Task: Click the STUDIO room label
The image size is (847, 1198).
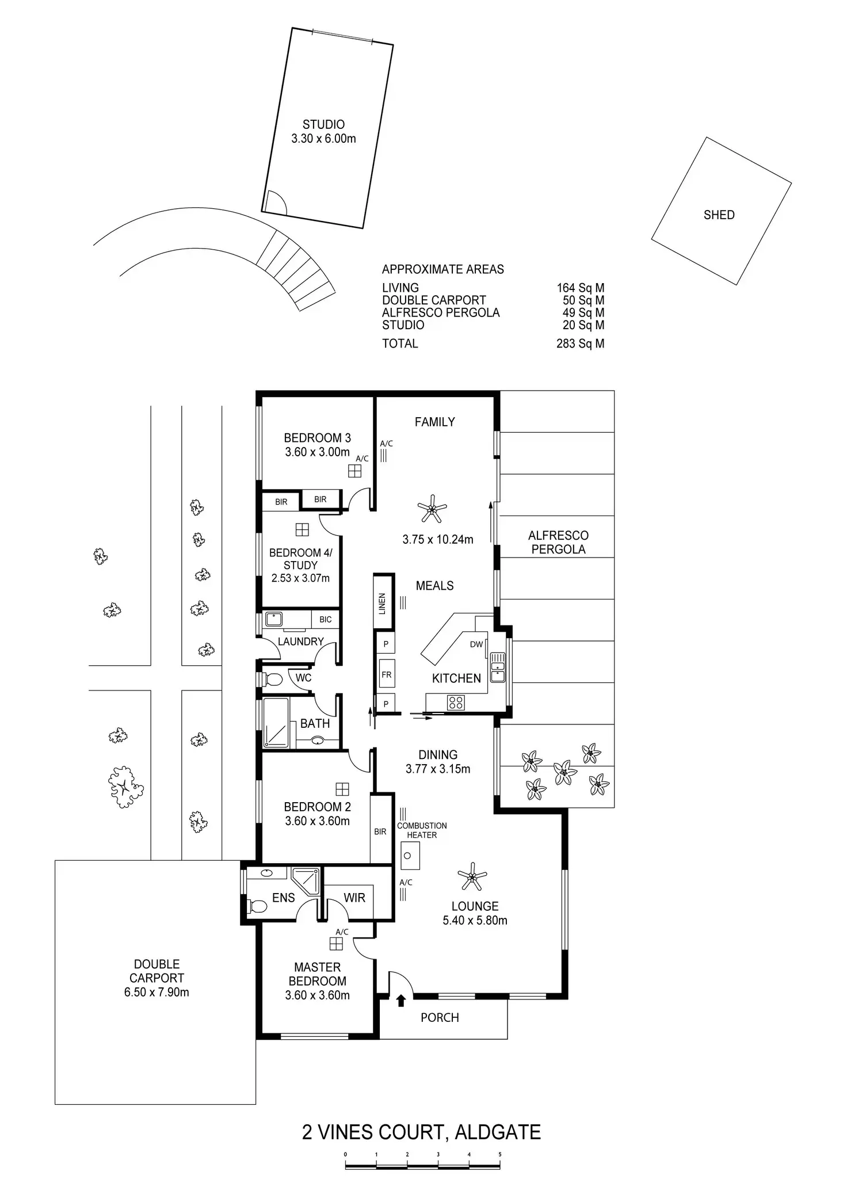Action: (x=323, y=124)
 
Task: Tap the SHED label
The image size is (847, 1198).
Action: (x=719, y=215)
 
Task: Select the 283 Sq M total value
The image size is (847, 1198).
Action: (x=580, y=344)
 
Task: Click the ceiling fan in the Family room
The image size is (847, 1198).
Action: (x=432, y=508)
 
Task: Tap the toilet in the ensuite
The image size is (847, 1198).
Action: (x=257, y=907)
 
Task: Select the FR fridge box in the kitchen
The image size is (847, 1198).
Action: (x=386, y=674)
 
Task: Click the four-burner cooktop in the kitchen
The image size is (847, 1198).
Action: (x=456, y=703)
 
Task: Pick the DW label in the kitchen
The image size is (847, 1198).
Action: (x=476, y=644)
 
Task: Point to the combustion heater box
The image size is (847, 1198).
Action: (x=409, y=856)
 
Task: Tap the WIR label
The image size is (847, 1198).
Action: (x=354, y=898)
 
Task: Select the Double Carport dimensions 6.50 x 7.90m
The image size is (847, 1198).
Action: (x=157, y=992)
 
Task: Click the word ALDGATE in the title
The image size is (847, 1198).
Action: (x=498, y=1132)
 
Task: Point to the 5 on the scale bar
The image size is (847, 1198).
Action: (x=499, y=1154)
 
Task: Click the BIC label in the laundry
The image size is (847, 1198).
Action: (x=325, y=620)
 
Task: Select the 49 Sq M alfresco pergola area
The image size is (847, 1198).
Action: (x=583, y=312)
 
